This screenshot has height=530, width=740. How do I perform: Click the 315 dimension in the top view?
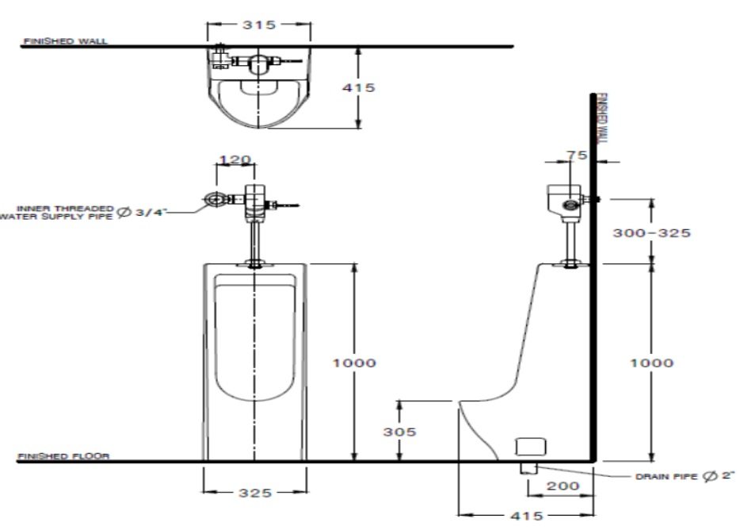(259, 25)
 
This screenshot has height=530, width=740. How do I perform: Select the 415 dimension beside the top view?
(360, 87)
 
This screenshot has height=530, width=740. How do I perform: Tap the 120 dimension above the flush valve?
(235, 159)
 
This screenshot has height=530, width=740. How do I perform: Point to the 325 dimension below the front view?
(255, 493)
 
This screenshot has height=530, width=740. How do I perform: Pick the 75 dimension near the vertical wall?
(578, 156)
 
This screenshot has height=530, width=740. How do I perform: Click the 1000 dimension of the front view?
(353, 363)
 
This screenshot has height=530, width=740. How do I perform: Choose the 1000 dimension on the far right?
(651, 363)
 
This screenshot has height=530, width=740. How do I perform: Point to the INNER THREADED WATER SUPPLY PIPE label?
(59, 212)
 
